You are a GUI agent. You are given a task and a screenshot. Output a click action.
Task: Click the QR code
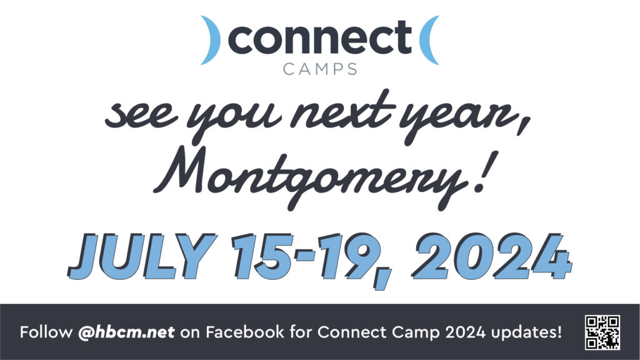(x=602, y=332)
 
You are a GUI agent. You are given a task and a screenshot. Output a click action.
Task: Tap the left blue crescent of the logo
(x=212, y=40)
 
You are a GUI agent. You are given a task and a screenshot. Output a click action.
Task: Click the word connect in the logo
(x=319, y=37)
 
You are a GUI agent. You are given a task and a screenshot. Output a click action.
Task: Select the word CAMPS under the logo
(x=320, y=69)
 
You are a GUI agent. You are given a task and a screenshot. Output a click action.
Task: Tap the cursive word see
(x=141, y=115)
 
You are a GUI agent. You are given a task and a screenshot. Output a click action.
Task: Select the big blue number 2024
(x=492, y=256)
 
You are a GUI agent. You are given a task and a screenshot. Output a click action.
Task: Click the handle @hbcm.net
(x=126, y=332)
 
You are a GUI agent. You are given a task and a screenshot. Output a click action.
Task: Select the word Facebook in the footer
(x=245, y=332)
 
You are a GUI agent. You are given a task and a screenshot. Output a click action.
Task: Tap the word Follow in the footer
(x=46, y=332)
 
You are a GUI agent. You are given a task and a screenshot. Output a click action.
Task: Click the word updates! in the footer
(x=526, y=332)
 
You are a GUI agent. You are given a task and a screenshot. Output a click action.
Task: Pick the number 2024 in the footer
(x=466, y=332)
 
